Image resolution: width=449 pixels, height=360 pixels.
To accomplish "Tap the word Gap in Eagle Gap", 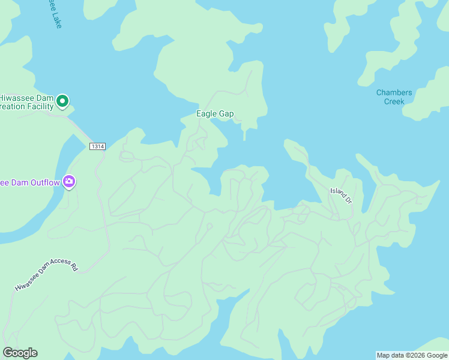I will (x=226, y=113).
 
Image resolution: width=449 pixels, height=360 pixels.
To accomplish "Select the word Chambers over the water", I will (x=394, y=92).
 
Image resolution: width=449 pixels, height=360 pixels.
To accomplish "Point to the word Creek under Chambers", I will (x=394, y=101).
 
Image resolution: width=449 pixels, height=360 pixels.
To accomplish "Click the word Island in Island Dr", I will (x=337, y=193).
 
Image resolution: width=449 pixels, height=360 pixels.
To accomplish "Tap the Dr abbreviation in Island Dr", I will (x=348, y=199).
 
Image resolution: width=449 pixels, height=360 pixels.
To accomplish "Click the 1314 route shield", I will (x=97, y=146).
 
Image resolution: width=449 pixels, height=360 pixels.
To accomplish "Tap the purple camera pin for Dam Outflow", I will (x=69, y=181).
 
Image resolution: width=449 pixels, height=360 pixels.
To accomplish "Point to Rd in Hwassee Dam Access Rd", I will (x=74, y=265).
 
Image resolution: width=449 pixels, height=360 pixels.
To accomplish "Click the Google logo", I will (x=20, y=353).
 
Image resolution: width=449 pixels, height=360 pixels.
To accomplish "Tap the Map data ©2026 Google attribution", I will (x=412, y=355).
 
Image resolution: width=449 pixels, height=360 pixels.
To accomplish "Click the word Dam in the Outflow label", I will (x=19, y=182).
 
